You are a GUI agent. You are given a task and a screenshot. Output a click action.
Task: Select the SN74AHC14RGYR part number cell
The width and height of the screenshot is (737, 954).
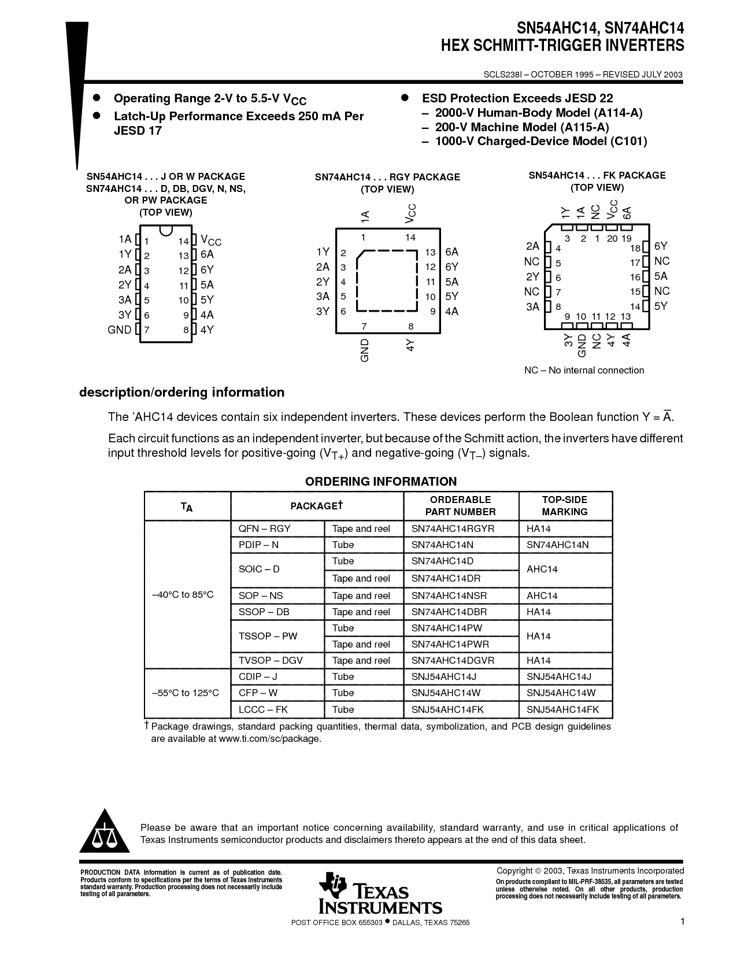coord(453,528)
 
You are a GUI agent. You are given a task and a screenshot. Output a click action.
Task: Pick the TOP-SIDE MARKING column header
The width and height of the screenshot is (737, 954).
coord(564,506)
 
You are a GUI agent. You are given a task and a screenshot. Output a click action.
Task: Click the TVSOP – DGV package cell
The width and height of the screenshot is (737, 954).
coord(271,660)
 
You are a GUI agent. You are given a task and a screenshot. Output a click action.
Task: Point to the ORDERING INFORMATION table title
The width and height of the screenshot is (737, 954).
coord(380,482)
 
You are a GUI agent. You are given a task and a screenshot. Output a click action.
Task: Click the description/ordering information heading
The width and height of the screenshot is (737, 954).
coord(182,393)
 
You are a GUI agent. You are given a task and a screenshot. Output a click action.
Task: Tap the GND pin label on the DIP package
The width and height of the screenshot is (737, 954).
coord(119,330)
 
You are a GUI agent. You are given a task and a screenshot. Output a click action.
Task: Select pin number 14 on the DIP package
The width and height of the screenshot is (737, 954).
coord(183,241)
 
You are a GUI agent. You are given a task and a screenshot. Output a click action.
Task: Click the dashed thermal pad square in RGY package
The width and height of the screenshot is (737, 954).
coord(387,281)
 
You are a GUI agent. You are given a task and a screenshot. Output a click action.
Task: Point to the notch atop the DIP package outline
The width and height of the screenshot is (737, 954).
coord(165,231)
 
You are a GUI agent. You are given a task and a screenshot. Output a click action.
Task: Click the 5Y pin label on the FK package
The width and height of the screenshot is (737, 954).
coord(661,306)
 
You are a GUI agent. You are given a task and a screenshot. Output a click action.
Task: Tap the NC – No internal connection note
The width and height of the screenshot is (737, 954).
coord(583,371)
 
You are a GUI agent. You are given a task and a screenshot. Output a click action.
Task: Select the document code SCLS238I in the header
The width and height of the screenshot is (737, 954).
coord(502,75)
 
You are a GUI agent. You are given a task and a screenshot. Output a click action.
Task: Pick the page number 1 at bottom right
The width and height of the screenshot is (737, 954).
coord(682,922)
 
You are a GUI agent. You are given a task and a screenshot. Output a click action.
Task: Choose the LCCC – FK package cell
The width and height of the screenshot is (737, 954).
coord(263,709)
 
